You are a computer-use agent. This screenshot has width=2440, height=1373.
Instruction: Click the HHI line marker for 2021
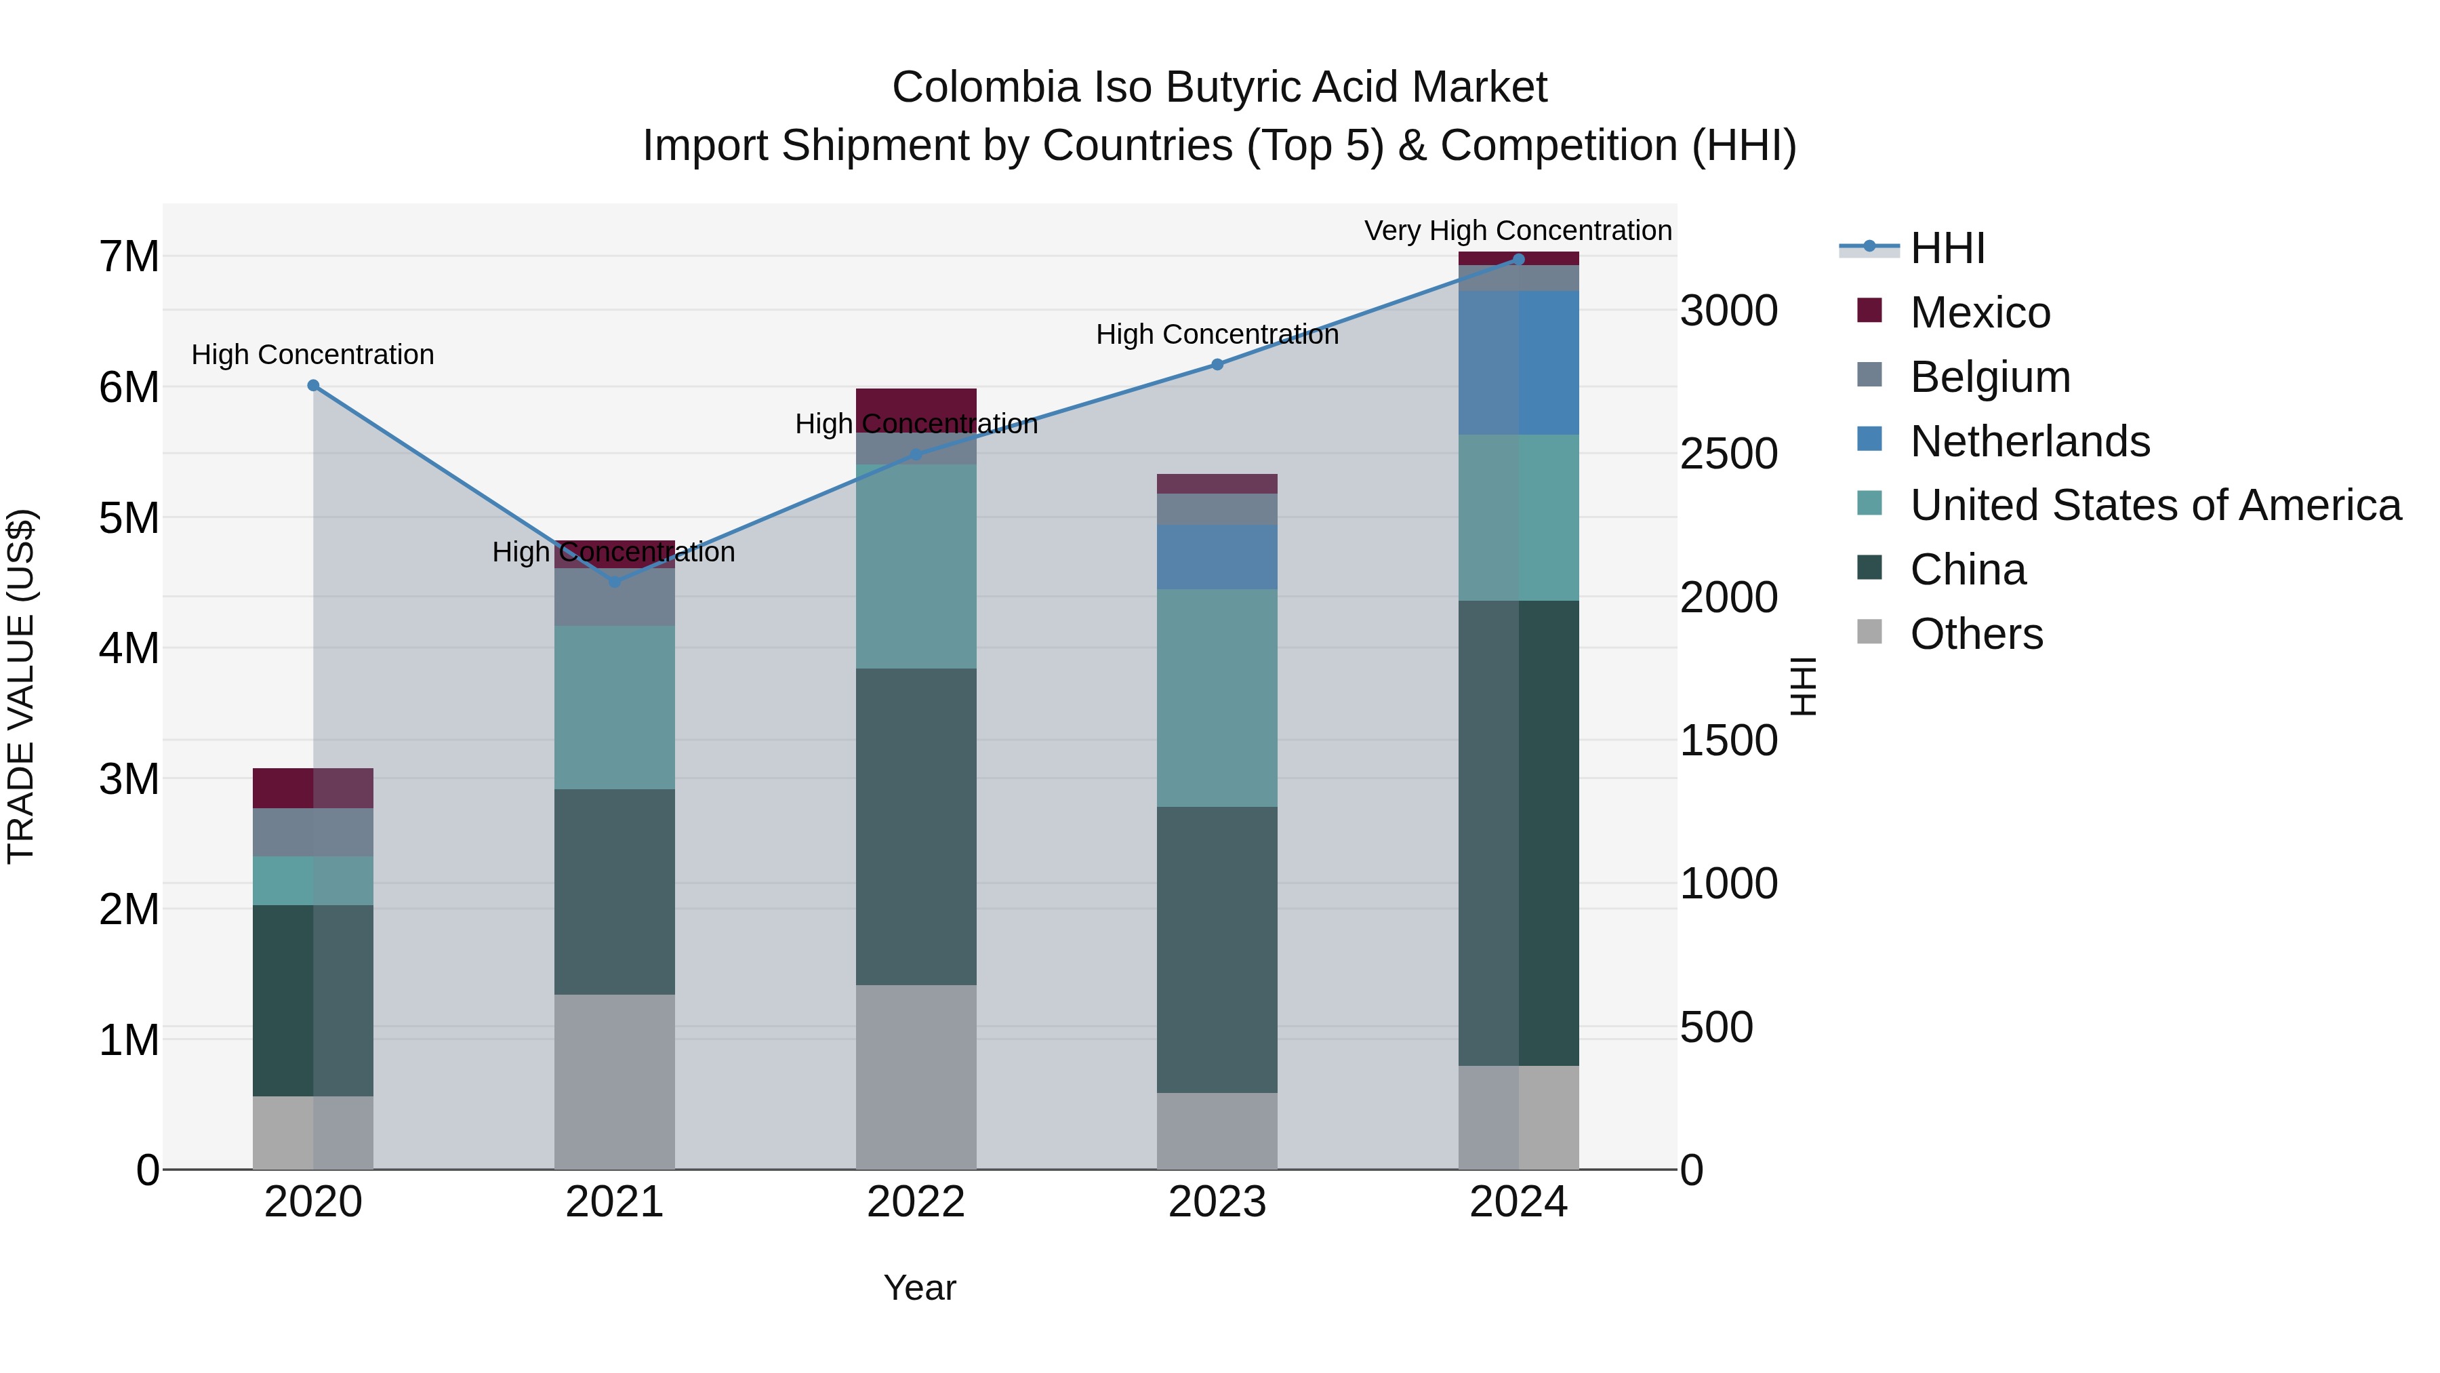pos(614,582)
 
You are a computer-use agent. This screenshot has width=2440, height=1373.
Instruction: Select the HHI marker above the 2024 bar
pos(1518,260)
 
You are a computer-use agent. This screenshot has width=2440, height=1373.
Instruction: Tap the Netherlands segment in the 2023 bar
pos(1217,557)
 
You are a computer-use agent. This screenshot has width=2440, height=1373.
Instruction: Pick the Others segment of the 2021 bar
pos(614,1081)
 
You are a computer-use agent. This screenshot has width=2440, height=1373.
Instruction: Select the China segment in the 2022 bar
pos(916,827)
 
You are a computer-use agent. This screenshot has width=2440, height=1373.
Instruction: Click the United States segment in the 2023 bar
pos(1217,698)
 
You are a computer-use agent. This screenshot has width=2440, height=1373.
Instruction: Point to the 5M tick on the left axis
pos(129,518)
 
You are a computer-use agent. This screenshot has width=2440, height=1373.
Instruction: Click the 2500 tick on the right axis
pos(1728,455)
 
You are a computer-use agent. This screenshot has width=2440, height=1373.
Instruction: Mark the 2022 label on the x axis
pos(916,1202)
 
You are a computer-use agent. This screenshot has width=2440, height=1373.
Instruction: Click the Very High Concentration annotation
pos(1518,231)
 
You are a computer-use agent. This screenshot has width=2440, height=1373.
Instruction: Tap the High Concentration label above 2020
pos(312,355)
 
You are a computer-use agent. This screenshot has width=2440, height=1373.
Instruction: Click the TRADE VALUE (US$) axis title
pos(21,686)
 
